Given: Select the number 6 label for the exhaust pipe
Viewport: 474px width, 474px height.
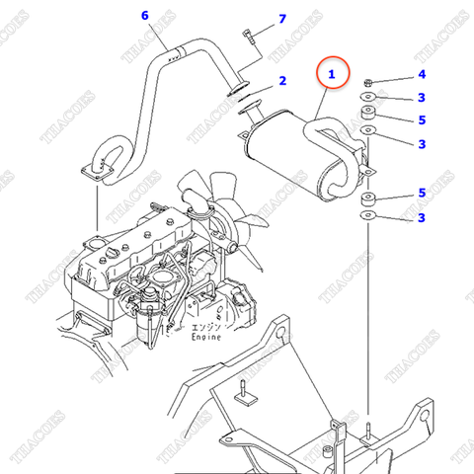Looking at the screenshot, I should pos(145,16).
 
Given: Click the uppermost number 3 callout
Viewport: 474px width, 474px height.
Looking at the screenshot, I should pos(422,97).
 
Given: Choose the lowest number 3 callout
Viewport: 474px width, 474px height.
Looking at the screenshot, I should pos(422,217).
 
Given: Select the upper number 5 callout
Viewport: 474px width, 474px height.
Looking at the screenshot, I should pos(422,120).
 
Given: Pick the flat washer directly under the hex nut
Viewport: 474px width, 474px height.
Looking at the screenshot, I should pos(368,97).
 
